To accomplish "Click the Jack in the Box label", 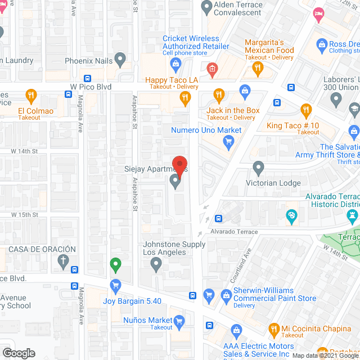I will pyautogui.click(x=233, y=111).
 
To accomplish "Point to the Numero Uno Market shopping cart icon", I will pyautogui.click(x=228, y=142).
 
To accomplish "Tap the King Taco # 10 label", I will pyautogui.click(x=292, y=125).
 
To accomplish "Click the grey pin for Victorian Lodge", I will pyautogui.click(x=258, y=167).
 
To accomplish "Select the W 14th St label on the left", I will pyautogui.click(x=23, y=151).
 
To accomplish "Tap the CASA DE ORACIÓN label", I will pyautogui.click(x=42, y=249).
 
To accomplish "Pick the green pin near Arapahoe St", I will pyautogui.click(x=115, y=263).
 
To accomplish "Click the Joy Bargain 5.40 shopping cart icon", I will pyautogui.click(x=115, y=286).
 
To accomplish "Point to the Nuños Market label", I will pyautogui.click(x=148, y=321).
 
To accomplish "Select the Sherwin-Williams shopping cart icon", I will pyautogui.click(x=209, y=294).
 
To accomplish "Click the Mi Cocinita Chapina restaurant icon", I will pyautogui.click(x=274, y=328).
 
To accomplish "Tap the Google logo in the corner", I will pyautogui.click(x=18, y=353).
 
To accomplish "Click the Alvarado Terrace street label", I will pyautogui.click(x=235, y=232).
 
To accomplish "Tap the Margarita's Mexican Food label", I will pyautogui.click(x=269, y=47).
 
